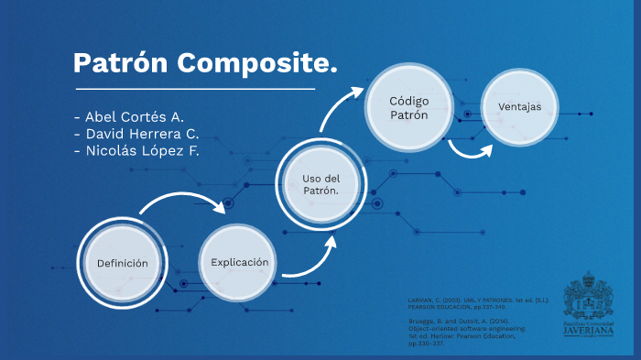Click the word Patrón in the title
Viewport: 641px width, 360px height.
pos(121,63)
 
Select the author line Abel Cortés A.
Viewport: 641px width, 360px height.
pos(128,116)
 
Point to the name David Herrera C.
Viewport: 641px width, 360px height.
pos(136,134)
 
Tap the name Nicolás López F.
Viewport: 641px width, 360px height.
pos(136,151)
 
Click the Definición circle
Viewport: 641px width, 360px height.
pos(122,263)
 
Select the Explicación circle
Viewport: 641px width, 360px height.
pos(239,262)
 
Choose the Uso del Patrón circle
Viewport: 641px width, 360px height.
pos(321,183)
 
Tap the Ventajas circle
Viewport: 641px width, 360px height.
pos(520,107)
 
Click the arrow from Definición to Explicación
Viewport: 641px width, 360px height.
pos(183,202)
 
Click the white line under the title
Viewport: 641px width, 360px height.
pos(194,89)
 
